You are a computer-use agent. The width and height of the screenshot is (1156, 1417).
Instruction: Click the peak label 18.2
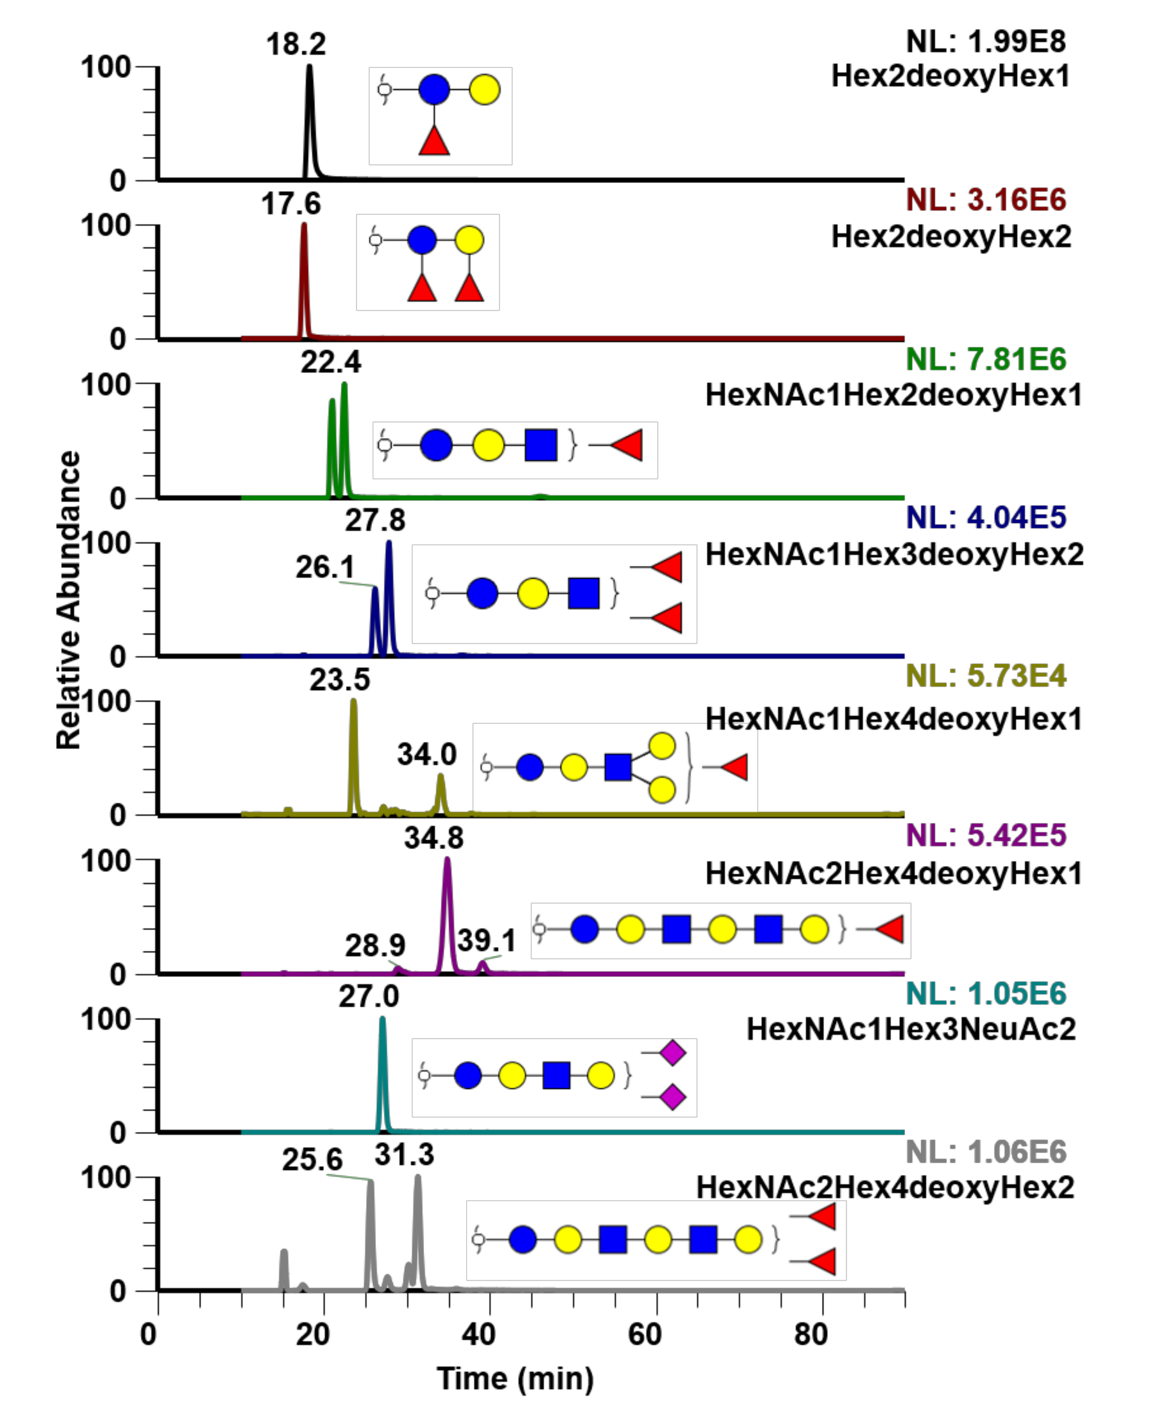point(296,44)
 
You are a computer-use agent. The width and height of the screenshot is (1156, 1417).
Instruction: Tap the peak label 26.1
point(325,567)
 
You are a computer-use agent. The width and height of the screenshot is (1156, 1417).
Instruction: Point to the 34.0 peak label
point(427,755)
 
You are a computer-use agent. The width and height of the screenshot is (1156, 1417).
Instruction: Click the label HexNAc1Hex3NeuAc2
point(910,1029)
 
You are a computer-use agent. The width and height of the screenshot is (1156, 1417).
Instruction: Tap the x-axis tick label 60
point(644,1335)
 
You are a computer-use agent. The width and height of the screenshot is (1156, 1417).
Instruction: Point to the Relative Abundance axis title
point(69,599)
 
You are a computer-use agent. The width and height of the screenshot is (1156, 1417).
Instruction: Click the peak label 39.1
point(486,941)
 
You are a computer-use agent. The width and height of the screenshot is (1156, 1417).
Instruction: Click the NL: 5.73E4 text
point(986,676)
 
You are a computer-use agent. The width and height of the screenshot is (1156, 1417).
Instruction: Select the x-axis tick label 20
point(313,1335)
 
